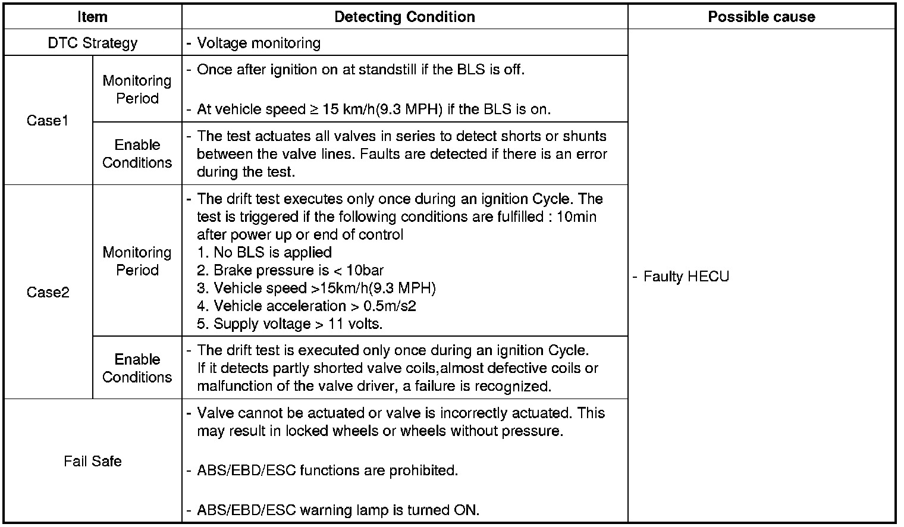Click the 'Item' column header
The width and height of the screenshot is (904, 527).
(92, 17)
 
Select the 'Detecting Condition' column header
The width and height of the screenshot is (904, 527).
(404, 17)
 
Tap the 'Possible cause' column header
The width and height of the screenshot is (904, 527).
(761, 17)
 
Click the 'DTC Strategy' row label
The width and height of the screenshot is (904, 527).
(92, 43)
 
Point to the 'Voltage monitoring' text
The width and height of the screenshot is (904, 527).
(259, 43)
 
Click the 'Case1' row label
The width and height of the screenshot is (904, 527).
(48, 121)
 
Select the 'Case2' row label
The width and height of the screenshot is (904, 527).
(48, 292)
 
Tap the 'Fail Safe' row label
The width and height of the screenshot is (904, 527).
(92, 461)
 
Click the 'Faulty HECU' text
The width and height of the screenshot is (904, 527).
(686, 277)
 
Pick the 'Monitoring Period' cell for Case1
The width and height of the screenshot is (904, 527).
(137, 89)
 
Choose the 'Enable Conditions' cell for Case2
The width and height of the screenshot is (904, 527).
(137, 368)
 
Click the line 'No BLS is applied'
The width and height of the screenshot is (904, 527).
(265, 252)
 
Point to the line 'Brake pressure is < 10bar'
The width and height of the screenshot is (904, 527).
(290, 270)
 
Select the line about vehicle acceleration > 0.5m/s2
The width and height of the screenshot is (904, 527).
(307, 306)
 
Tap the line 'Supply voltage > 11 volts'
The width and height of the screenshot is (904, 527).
(290, 324)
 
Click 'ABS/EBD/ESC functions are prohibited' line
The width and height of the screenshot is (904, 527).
(327, 470)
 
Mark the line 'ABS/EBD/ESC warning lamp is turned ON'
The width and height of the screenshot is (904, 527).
(338, 510)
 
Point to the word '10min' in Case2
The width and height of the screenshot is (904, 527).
(576, 217)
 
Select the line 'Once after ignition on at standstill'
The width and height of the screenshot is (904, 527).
(360, 70)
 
